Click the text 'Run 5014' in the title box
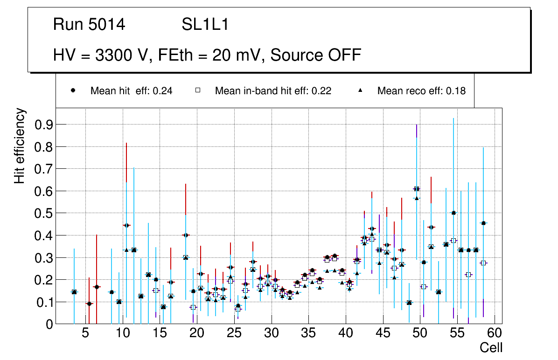[x=89, y=25]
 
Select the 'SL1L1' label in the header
[x=205, y=25]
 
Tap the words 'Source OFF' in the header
[x=316, y=55]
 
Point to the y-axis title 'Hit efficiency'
[x=19, y=145]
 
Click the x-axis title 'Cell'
[x=491, y=347]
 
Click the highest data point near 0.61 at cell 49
[x=417, y=189]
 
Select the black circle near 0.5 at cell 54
[x=453, y=213]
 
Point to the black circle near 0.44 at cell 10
[x=126, y=225]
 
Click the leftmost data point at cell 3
[x=74, y=292]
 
